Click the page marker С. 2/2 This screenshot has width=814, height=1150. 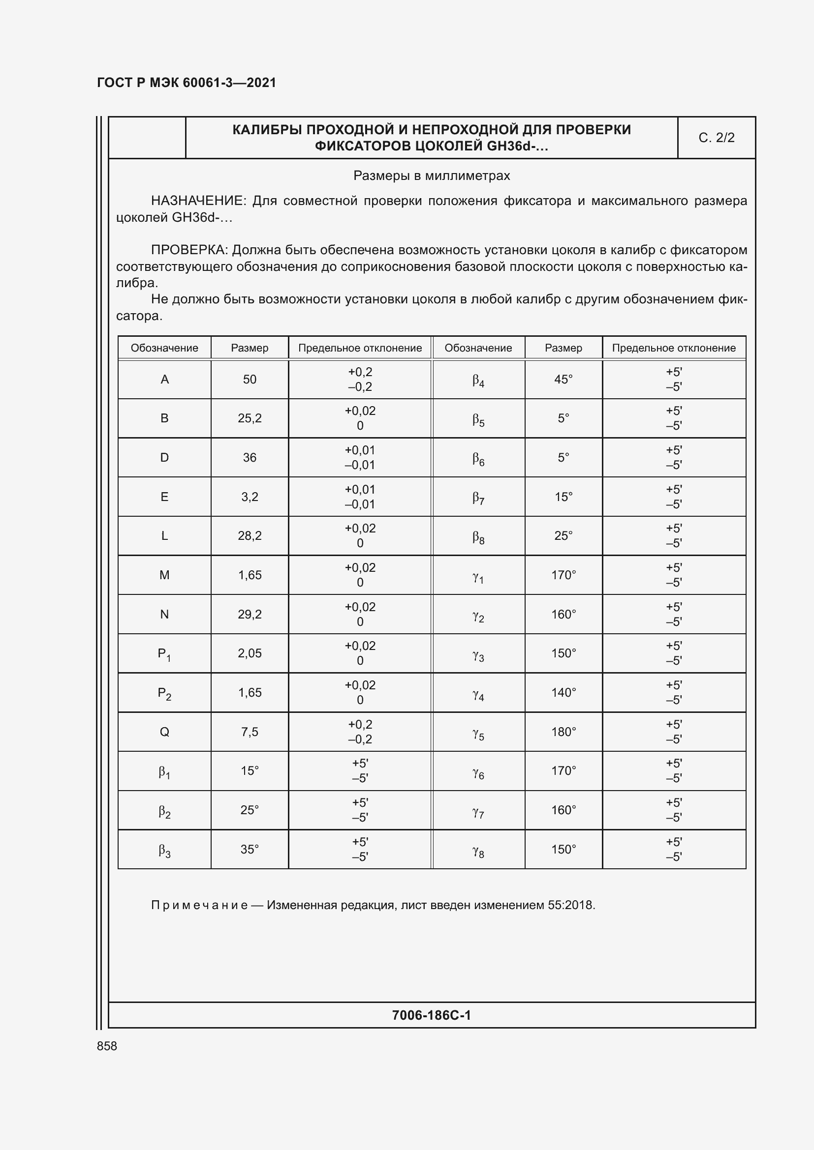point(716,138)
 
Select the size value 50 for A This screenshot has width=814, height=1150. point(250,379)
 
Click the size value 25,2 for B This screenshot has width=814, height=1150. point(250,418)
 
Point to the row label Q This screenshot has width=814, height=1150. point(164,732)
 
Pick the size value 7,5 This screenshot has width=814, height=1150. point(250,732)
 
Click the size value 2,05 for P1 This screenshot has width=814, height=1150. point(250,653)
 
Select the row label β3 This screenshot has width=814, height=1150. point(164,850)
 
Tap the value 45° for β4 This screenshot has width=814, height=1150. point(564,379)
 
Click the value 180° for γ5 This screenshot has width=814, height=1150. point(564,732)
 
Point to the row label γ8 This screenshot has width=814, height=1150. point(478,850)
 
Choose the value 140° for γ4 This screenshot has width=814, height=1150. point(564,692)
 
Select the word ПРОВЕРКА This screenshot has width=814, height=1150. point(190,250)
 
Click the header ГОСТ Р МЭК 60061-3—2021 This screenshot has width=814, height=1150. point(187,83)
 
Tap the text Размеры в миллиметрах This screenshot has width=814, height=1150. point(431,176)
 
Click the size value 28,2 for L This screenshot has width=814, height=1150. point(250,536)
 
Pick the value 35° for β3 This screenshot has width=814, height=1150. point(250,849)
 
